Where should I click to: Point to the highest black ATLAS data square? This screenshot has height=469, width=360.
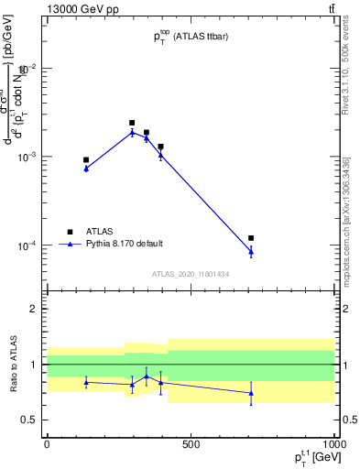pos(132,123)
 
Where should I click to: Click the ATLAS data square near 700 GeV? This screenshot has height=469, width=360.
pos(251,238)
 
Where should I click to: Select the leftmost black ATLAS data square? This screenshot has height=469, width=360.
pos(86,159)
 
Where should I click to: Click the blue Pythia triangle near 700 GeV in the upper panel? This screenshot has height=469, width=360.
pos(251,251)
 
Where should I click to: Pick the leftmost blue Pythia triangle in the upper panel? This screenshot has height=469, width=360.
pos(86,169)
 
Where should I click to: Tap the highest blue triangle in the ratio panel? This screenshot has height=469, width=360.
pos(146,376)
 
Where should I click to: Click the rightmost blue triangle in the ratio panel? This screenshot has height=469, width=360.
pos(251,393)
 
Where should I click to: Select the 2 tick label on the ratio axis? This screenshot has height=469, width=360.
pos(34,309)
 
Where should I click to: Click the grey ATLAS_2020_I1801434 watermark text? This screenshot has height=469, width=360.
pos(191,274)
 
